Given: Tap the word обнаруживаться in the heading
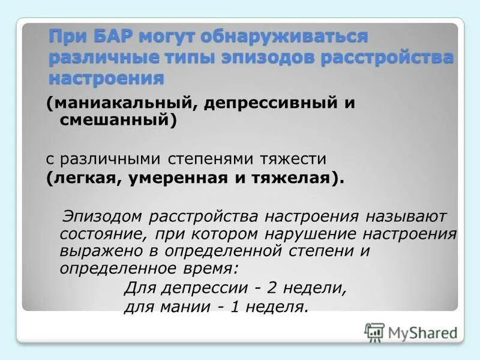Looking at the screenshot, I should [x=284, y=37].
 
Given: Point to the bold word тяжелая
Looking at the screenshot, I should [x=287, y=178].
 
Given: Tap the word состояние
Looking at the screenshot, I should [x=104, y=233].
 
